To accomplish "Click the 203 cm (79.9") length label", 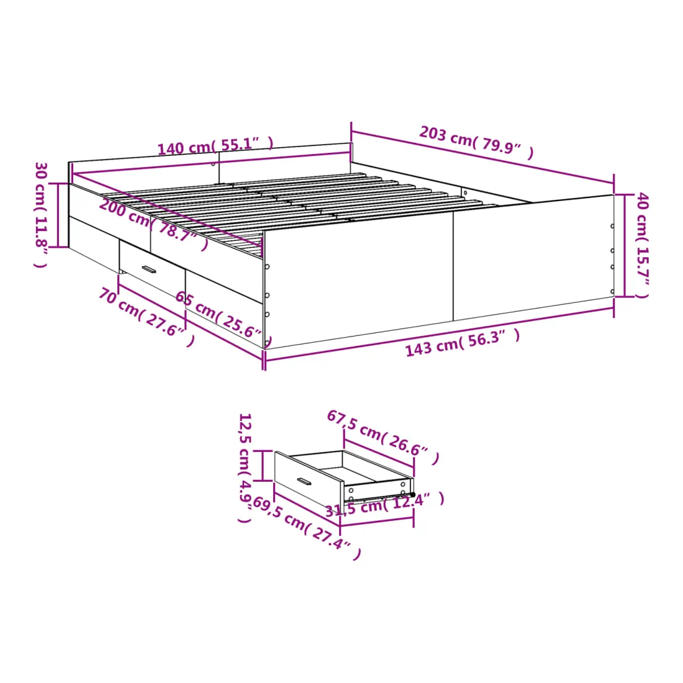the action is tap(476, 142).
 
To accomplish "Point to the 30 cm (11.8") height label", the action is tap(40, 215).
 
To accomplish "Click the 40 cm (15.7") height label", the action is tap(643, 245).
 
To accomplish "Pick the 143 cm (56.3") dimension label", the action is tap(463, 342).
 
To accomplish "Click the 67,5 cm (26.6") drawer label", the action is tap(383, 437).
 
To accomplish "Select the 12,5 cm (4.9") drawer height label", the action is tap(245, 468).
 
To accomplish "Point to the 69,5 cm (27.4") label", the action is tap(307, 528).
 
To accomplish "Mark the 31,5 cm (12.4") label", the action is tap(385, 504).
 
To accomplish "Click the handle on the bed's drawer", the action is tap(148, 269).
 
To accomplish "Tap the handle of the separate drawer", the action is tap(304, 482).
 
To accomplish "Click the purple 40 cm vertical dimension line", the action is tap(625, 245).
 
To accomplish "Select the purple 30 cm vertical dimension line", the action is tap(58, 215).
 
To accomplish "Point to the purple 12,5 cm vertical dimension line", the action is tap(263, 466).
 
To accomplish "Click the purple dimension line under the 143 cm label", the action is tap(440, 334).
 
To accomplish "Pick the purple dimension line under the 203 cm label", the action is tap(482, 157).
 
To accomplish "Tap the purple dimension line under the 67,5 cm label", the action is tap(379, 453).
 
